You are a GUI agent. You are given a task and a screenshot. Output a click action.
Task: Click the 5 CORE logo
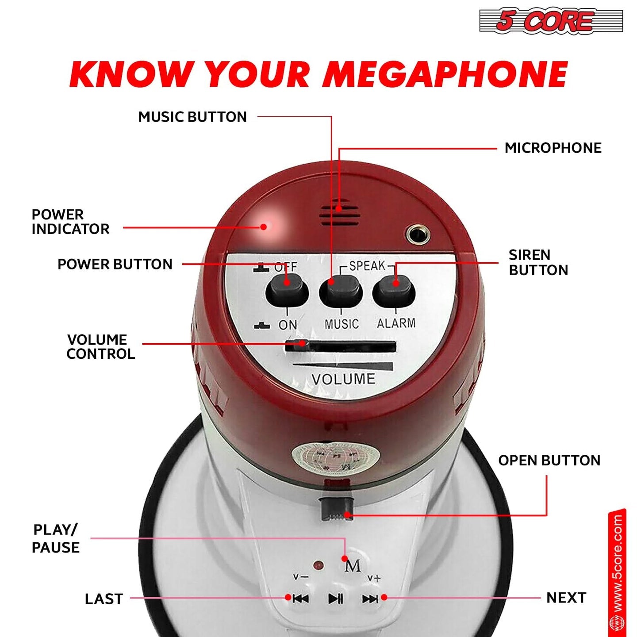click(x=551, y=21)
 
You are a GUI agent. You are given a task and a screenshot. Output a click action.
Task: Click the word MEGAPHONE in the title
click(x=445, y=74)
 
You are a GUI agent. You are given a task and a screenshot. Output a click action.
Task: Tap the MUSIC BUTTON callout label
click(x=192, y=117)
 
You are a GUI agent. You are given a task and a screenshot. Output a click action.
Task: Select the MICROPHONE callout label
click(x=553, y=148)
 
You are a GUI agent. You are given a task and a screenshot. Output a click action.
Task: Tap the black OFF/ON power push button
click(x=287, y=290)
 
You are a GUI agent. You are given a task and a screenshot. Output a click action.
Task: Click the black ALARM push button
click(x=394, y=291)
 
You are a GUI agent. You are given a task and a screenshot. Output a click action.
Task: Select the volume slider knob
click(x=296, y=345)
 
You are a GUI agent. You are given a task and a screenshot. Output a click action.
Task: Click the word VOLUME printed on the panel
click(x=343, y=379)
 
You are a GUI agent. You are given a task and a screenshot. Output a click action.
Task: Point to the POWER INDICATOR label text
click(x=70, y=222)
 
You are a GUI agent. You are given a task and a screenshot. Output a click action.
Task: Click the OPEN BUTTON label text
click(x=549, y=460)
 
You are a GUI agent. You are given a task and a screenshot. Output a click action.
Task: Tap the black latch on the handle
click(x=336, y=509)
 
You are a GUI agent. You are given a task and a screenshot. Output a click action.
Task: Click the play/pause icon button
click(x=335, y=599)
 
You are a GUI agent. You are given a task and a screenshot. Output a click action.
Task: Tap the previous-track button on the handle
click(x=301, y=599)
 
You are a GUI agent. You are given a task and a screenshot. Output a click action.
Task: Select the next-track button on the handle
click(x=370, y=599)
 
